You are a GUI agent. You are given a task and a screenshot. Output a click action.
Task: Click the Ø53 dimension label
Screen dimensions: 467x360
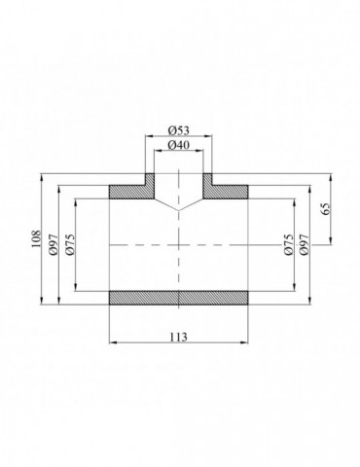(178, 130)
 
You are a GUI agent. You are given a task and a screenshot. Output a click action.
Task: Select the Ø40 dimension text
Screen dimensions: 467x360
(178, 146)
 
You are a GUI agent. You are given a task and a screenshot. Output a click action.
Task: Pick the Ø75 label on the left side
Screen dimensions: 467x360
(70, 244)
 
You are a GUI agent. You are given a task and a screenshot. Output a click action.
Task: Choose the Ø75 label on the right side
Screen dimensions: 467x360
(288, 244)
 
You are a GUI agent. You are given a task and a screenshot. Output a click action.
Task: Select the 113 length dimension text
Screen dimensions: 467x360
(178, 336)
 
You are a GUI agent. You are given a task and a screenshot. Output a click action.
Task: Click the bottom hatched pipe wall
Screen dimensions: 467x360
(178, 298)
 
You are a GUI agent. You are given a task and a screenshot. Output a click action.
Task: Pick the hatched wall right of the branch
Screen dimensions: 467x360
(229, 189)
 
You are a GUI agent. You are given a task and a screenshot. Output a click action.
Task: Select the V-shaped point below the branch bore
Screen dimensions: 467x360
(178, 210)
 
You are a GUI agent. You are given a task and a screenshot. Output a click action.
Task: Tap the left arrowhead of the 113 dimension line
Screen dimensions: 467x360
(111, 342)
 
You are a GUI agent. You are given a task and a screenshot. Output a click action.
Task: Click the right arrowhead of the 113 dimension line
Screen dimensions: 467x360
(245, 342)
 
